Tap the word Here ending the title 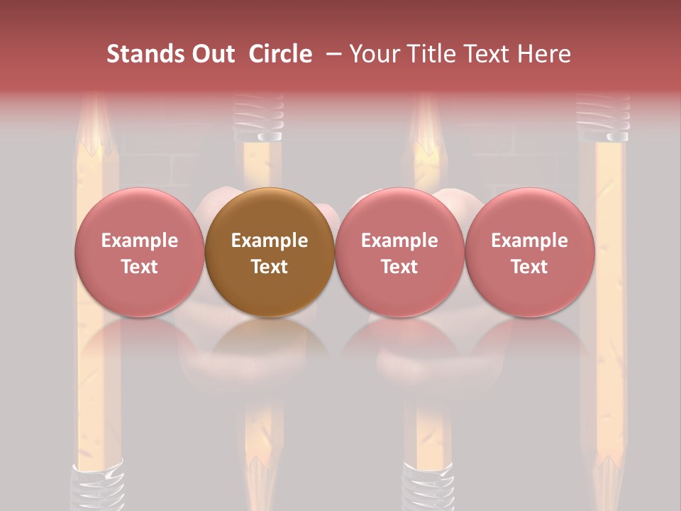pos(544,54)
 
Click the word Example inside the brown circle pos(270,241)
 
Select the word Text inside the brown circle pos(270,267)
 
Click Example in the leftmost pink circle pos(140,241)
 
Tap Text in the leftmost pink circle pos(140,267)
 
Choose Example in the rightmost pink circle pos(529,241)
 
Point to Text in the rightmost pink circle pos(529,267)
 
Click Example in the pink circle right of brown pos(399,241)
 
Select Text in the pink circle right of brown pos(399,267)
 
